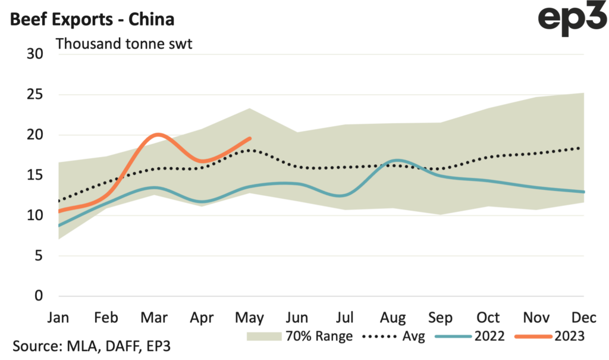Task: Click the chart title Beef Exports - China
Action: pyautogui.click(x=92, y=20)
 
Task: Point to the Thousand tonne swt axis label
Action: pyautogui.click(x=124, y=44)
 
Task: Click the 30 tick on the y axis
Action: pyautogui.click(x=36, y=54)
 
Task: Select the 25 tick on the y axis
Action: pyautogui.click(x=36, y=95)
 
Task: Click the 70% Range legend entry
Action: pyautogui.click(x=299, y=336)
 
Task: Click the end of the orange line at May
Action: pyautogui.click(x=250, y=138)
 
